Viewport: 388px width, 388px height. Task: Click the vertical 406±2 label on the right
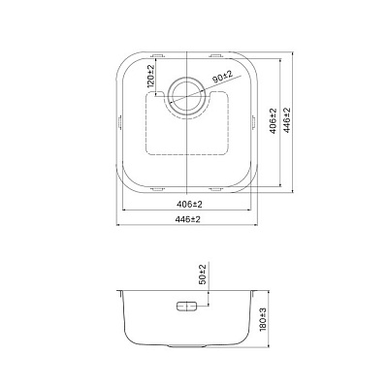(274, 121)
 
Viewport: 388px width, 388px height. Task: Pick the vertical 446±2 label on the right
(288, 121)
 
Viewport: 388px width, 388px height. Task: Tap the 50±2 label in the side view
(203, 275)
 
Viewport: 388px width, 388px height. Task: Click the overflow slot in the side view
(187, 306)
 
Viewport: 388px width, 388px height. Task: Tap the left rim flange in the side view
(120, 288)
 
